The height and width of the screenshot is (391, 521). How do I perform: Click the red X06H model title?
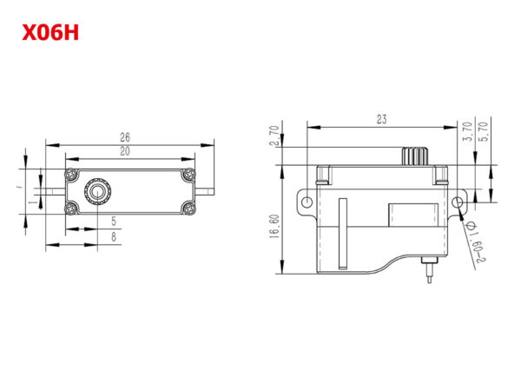click(x=50, y=33)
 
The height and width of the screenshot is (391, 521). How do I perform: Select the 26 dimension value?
click(x=125, y=137)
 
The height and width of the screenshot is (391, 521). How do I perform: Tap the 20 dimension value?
click(x=125, y=151)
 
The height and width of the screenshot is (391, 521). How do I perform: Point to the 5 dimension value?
click(x=114, y=221)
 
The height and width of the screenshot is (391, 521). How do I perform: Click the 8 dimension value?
click(x=114, y=236)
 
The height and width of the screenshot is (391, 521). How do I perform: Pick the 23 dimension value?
click(x=382, y=119)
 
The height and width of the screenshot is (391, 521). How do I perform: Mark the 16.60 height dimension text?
click(x=275, y=226)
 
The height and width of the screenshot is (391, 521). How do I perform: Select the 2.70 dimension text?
click(x=274, y=136)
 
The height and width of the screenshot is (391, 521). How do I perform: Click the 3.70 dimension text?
click(x=467, y=132)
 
